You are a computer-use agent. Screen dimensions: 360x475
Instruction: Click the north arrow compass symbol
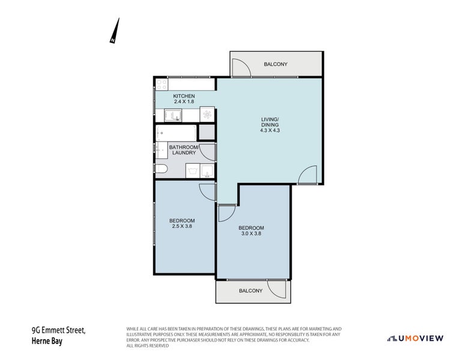(x=115, y=31)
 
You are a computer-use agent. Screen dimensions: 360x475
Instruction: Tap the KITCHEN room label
(x=184, y=96)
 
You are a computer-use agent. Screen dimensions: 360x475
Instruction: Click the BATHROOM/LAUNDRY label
(x=183, y=149)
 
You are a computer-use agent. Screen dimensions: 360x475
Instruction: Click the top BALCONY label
(x=276, y=64)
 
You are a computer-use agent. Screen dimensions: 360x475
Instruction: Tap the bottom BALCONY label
(x=250, y=291)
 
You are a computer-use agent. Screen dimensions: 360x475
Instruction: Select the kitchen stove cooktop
(x=161, y=84)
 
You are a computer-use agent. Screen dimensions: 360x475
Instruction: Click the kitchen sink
(x=171, y=115)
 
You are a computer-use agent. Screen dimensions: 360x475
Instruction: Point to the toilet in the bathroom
(x=160, y=170)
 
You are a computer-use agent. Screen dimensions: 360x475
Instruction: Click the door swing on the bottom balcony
(x=277, y=289)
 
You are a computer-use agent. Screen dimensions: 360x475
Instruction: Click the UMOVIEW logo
(x=415, y=338)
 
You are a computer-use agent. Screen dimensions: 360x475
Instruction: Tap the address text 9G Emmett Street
(x=58, y=331)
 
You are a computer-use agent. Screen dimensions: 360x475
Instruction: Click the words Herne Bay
(x=47, y=341)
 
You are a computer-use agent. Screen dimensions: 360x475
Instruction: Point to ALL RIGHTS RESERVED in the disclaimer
(x=148, y=346)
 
